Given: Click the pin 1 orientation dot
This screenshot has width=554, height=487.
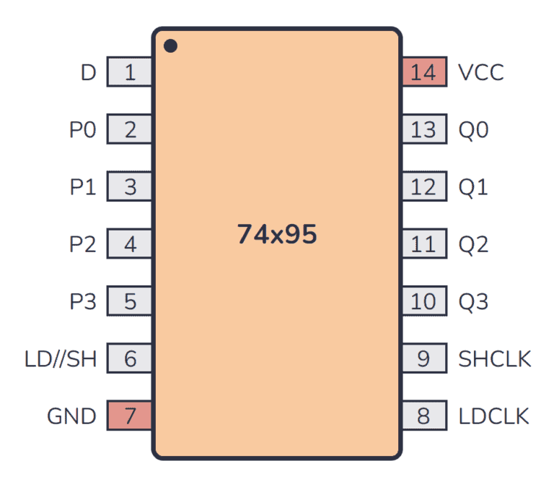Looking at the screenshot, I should (x=170, y=46).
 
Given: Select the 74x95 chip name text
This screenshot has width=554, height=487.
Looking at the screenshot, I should (x=277, y=235).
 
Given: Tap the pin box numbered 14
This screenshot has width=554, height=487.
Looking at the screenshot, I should (x=423, y=72).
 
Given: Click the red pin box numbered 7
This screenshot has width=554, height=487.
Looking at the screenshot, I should (x=130, y=416).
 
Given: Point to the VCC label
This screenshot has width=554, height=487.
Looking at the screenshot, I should (x=481, y=72).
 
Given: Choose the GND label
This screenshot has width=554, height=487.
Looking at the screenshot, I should (x=71, y=416).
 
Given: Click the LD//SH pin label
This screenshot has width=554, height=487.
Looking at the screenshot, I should (x=61, y=359).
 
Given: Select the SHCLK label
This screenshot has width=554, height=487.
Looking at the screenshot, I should (x=495, y=359).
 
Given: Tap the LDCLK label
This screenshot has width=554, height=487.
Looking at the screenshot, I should (x=494, y=416).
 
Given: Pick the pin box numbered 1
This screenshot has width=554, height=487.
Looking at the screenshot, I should (x=130, y=72).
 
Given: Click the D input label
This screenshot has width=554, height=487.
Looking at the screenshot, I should (x=88, y=72).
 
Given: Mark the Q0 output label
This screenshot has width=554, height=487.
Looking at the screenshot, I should (x=473, y=130).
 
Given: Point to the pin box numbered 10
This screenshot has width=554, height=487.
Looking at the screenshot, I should (x=423, y=301).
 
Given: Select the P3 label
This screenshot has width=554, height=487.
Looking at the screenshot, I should (x=82, y=301).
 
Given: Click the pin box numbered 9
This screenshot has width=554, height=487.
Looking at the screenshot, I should (x=423, y=359).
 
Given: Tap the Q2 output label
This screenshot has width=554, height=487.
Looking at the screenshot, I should (x=473, y=244).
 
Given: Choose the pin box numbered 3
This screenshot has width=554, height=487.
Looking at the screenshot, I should (x=130, y=187).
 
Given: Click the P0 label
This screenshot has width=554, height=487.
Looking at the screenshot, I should (x=82, y=130).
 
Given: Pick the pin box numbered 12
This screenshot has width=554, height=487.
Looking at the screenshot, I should (x=423, y=187).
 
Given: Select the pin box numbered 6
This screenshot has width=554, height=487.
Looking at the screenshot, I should (x=130, y=359).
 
